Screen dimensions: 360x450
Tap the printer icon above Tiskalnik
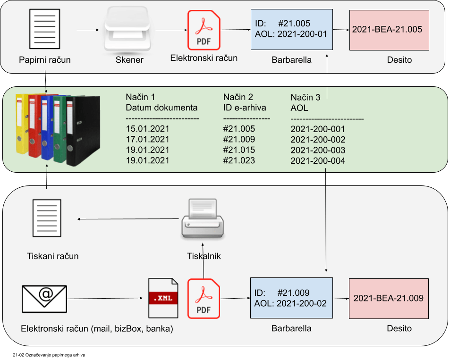(202, 219)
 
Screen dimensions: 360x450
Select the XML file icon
(163, 298)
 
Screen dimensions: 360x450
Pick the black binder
(84, 131)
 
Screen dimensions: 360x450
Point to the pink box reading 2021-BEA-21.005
(389, 30)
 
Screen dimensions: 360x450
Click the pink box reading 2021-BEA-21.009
(389, 298)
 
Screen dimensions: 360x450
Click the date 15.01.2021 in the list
(147, 129)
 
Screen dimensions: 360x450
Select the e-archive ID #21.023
(239, 160)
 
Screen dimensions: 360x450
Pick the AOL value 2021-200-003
(318, 151)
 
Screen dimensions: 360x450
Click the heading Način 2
(238, 97)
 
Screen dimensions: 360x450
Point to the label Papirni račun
(45, 60)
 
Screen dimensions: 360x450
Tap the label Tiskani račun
(53, 256)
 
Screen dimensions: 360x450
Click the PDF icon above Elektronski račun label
(204, 30)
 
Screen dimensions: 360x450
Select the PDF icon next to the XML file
(204, 298)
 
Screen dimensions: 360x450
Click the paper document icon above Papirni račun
(45, 30)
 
